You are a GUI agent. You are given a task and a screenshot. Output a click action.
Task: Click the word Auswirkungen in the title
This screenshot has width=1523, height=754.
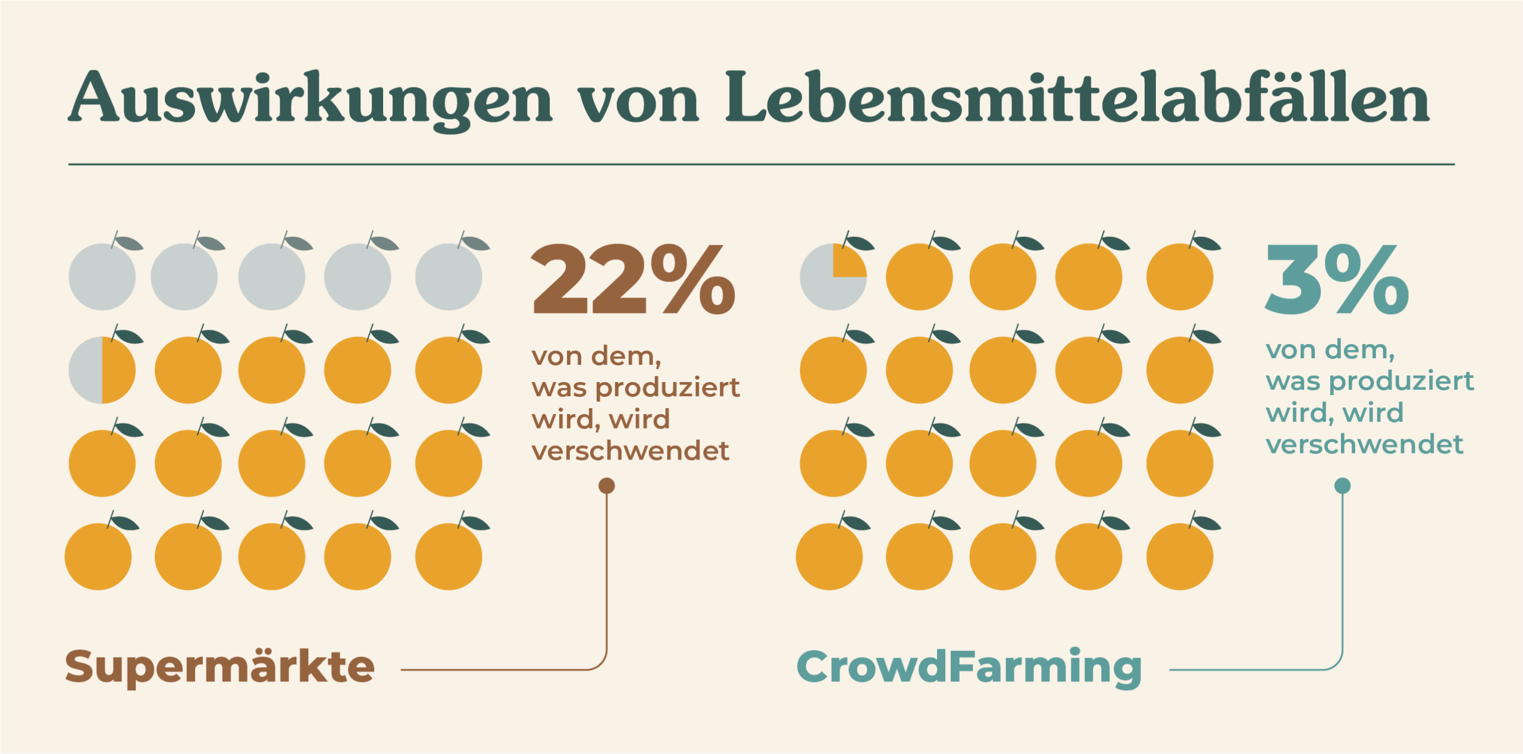click(309, 98)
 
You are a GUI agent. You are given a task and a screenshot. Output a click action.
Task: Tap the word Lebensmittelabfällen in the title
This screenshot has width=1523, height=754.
click(1077, 98)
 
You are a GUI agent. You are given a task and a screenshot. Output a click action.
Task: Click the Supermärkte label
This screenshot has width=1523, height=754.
click(220, 667)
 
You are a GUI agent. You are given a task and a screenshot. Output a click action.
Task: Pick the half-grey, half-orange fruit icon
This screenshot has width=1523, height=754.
click(102, 370)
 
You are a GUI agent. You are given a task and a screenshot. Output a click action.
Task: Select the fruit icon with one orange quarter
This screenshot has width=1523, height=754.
click(833, 276)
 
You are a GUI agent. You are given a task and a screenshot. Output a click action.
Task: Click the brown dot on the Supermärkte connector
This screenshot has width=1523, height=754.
click(606, 486)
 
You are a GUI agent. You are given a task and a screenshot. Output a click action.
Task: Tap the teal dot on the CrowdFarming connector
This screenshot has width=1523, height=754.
click(1342, 486)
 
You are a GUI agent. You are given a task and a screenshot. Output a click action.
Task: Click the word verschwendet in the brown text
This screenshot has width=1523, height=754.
click(630, 450)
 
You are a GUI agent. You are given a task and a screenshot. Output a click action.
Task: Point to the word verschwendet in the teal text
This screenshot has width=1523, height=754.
click(1364, 444)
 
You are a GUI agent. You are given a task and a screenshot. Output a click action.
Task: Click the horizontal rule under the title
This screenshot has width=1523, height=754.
click(761, 164)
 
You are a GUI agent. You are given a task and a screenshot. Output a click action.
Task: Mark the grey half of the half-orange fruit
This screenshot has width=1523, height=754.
click(87, 370)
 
